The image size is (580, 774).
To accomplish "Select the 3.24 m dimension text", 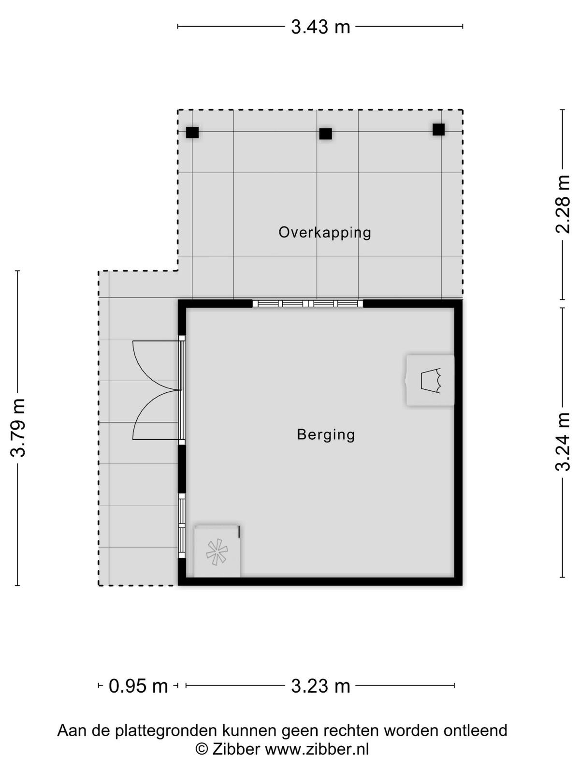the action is pyautogui.click(x=563, y=442).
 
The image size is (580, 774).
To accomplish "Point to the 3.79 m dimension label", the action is pyautogui.click(x=18, y=428).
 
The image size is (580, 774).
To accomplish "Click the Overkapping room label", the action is pyautogui.click(x=325, y=233).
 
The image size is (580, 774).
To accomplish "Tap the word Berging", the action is pyautogui.click(x=326, y=435).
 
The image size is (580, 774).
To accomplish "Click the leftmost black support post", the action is pyautogui.click(x=192, y=133).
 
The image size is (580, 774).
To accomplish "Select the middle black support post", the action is pyautogui.click(x=325, y=134).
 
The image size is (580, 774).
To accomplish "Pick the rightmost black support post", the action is pyautogui.click(x=438, y=130).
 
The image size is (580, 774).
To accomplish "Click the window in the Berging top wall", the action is pyautogui.click(x=308, y=304).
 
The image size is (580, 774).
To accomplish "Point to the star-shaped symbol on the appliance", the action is pyautogui.click(x=217, y=552).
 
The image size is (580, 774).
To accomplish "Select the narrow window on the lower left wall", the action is pyautogui.click(x=181, y=526).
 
